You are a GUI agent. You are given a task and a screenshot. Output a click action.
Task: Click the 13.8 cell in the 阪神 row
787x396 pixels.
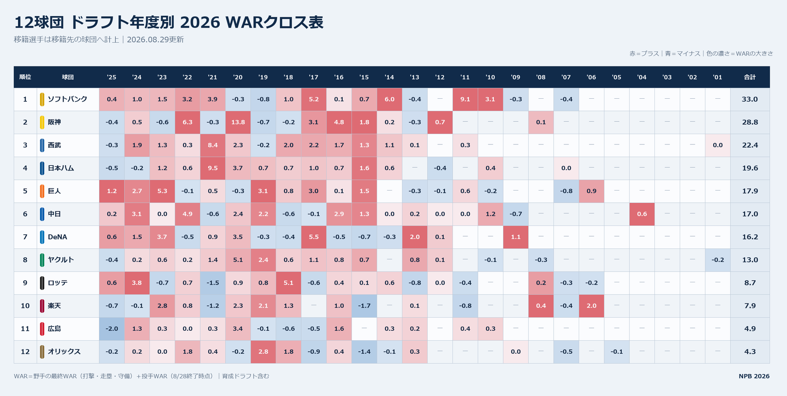pyautogui.click(x=238, y=122)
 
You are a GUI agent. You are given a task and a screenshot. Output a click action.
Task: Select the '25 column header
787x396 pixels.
pyautogui.click(x=111, y=77)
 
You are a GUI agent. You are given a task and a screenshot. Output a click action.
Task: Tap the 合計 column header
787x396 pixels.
pyautogui.click(x=750, y=77)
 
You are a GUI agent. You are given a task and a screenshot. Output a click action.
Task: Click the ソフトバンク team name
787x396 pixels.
pyautogui.click(x=68, y=99)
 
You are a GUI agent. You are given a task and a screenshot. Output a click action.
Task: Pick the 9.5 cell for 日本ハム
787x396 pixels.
pyautogui.click(x=213, y=168)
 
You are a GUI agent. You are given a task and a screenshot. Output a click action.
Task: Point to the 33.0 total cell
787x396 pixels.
pyautogui.click(x=750, y=99)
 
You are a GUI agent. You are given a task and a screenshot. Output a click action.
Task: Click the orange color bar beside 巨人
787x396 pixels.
pyautogui.click(x=42, y=191)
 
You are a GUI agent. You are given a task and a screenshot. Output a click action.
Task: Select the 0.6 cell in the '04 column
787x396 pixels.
pyautogui.click(x=642, y=214)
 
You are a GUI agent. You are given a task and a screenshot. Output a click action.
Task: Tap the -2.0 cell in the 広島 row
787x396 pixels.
pyautogui.click(x=112, y=329)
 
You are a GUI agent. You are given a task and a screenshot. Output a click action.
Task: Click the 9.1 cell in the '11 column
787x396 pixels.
pyautogui.click(x=465, y=99)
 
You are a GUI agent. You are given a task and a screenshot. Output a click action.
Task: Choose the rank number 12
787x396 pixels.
pyautogui.click(x=25, y=351)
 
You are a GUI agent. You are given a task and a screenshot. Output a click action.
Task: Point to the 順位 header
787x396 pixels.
pyautogui.click(x=25, y=77)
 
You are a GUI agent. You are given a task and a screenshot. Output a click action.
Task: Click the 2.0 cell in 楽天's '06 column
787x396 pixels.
pyautogui.click(x=591, y=306)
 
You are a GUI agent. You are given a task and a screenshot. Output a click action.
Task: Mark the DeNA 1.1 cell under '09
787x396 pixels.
pyautogui.click(x=516, y=237)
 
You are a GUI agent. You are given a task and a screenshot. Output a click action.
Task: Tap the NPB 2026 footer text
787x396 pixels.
pyautogui.click(x=754, y=376)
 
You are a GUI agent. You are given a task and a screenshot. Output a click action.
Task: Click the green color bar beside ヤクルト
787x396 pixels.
pyautogui.click(x=42, y=260)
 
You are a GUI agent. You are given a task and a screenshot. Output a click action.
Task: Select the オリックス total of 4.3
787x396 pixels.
pyautogui.click(x=750, y=351)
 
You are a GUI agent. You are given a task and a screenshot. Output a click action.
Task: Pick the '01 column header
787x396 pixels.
pyautogui.click(x=717, y=77)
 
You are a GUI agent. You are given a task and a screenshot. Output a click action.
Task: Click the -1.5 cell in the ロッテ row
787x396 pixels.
pyautogui.click(x=213, y=283)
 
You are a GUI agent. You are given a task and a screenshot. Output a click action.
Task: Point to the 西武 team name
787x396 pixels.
pyautogui.click(x=54, y=145)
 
